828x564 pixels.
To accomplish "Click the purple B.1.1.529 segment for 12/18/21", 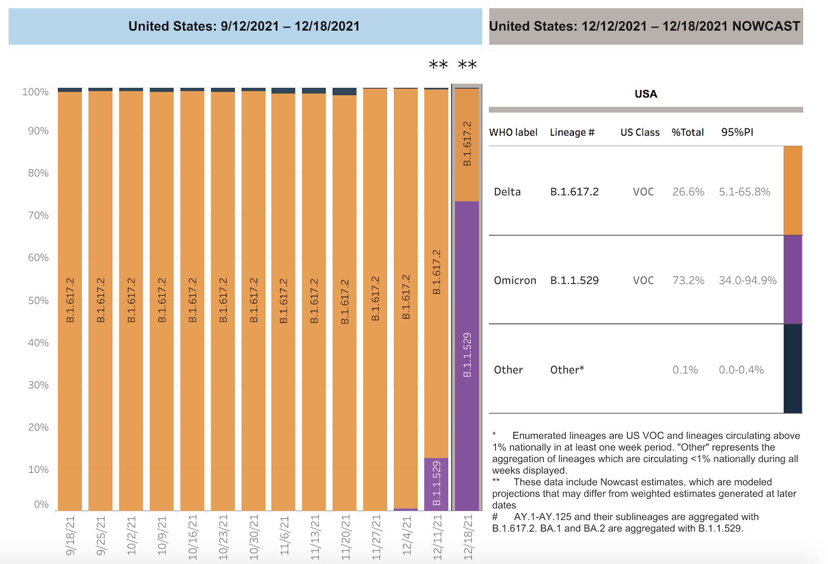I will click(467, 355).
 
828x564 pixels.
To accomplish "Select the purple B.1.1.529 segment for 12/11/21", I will click(436, 483).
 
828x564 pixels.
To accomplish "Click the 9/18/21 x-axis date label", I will click(70, 536).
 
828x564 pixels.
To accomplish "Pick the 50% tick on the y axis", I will click(38, 300).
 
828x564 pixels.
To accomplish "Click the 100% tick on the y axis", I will click(35, 92).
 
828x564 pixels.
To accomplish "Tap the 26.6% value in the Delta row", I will click(688, 192).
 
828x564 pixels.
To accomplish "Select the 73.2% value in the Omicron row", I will click(688, 280).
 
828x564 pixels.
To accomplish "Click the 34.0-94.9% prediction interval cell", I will click(747, 280).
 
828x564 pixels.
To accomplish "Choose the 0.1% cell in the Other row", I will click(685, 370).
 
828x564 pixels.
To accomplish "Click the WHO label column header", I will click(513, 132).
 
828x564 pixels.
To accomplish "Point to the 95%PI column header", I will click(737, 132).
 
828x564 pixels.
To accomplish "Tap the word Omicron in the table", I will click(515, 280).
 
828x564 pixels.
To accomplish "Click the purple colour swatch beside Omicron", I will click(793, 280).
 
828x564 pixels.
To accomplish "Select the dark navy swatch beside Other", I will click(793, 368).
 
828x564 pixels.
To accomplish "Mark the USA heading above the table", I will click(646, 94).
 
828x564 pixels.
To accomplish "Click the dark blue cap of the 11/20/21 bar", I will click(345, 92).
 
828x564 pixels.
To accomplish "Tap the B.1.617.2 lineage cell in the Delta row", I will click(574, 192).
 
